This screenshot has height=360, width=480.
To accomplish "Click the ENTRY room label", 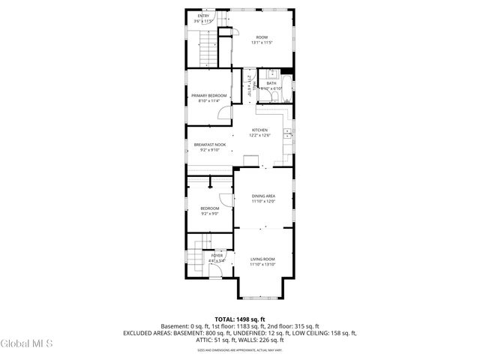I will (203, 16).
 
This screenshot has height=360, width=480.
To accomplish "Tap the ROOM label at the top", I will (262, 37).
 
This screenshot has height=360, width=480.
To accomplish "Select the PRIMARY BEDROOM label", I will (209, 96).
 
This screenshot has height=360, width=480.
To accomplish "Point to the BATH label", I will (271, 83).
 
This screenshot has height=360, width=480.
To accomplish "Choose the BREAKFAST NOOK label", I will (209, 144).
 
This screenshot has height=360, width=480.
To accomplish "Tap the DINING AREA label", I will (263, 196).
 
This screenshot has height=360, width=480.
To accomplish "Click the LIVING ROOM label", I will (263, 259).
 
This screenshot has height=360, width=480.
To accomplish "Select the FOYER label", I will (217, 256).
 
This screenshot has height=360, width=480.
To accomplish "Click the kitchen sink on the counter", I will (286, 133).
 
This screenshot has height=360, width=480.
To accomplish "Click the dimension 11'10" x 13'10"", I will (263, 265).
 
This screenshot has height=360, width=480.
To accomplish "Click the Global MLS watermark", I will (26, 344).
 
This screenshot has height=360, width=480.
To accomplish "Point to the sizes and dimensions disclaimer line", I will (239, 349).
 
